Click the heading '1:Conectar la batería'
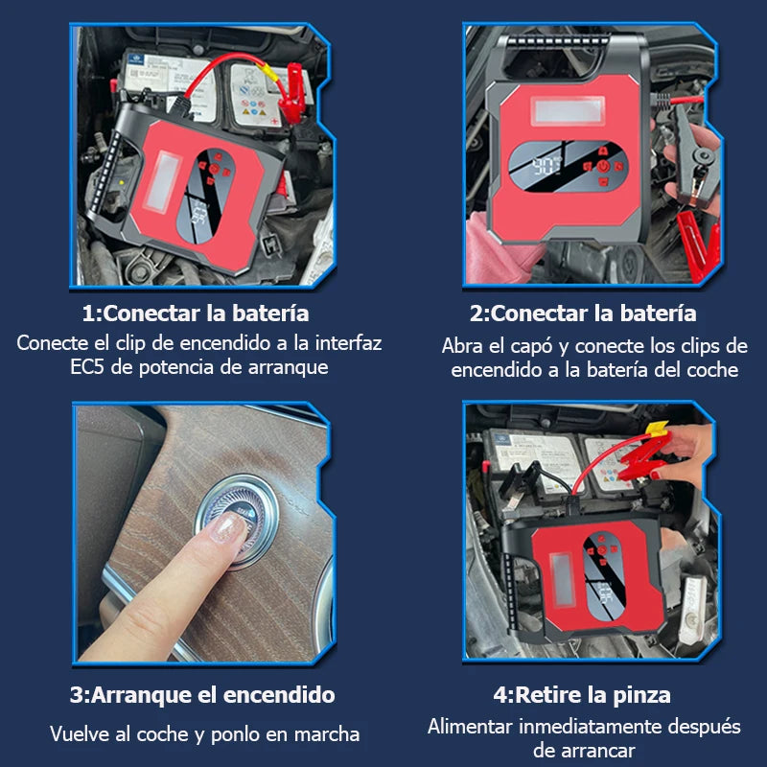click(x=195, y=314)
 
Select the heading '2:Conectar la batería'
click(x=583, y=314)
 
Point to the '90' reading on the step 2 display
click(x=548, y=166)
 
